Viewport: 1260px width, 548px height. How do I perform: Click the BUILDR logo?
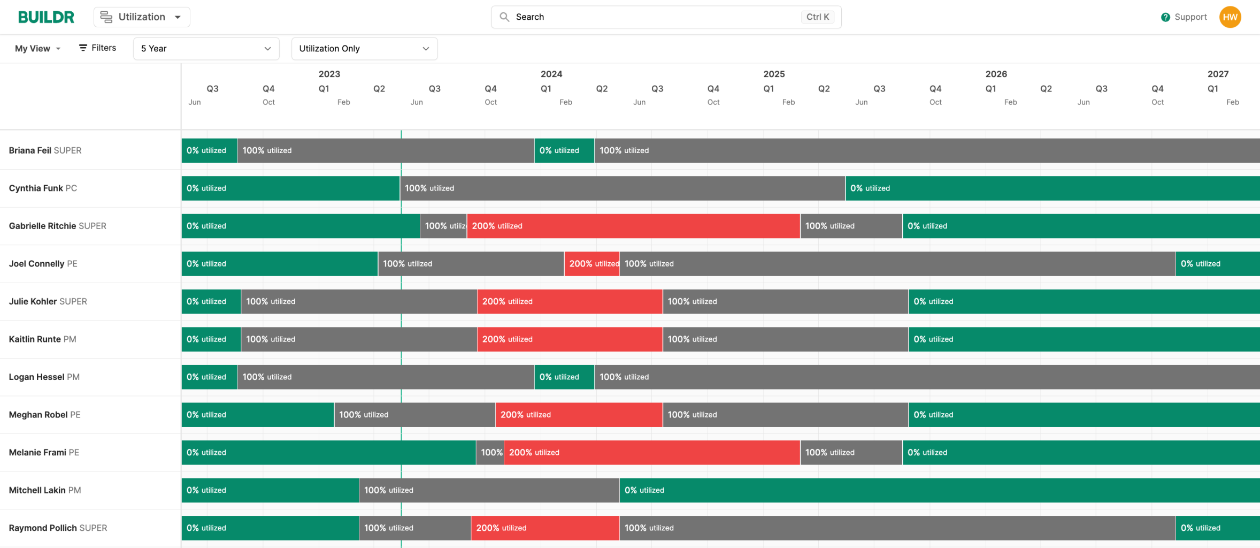[x=46, y=17]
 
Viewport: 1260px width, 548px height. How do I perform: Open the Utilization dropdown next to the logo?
[x=142, y=17]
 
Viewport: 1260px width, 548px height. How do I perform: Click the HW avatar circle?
[x=1230, y=17]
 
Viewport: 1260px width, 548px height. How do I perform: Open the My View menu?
[x=37, y=49]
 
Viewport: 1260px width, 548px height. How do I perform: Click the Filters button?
[x=97, y=48]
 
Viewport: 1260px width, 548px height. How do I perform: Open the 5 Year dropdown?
[x=206, y=49]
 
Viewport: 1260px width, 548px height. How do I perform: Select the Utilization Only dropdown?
[x=364, y=49]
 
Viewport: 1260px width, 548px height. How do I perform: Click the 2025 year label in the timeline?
[x=773, y=74]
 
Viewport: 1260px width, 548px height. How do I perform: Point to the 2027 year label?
[x=1217, y=74]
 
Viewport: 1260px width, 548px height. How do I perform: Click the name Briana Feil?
[x=30, y=150]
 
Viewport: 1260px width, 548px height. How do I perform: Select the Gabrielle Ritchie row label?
[x=57, y=226]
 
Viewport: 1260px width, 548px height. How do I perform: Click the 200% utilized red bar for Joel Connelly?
[x=591, y=264]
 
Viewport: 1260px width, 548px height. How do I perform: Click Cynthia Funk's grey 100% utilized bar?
[x=622, y=188]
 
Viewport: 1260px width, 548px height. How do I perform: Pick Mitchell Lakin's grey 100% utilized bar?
[x=489, y=490]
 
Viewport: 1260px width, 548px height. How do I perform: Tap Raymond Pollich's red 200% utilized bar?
[x=544, y=528]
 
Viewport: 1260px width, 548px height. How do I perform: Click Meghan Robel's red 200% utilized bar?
[x=578, y=415]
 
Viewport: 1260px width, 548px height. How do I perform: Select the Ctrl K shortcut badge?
[x=817, y=17]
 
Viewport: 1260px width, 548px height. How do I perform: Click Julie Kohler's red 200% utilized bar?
[x=569, y=302]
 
